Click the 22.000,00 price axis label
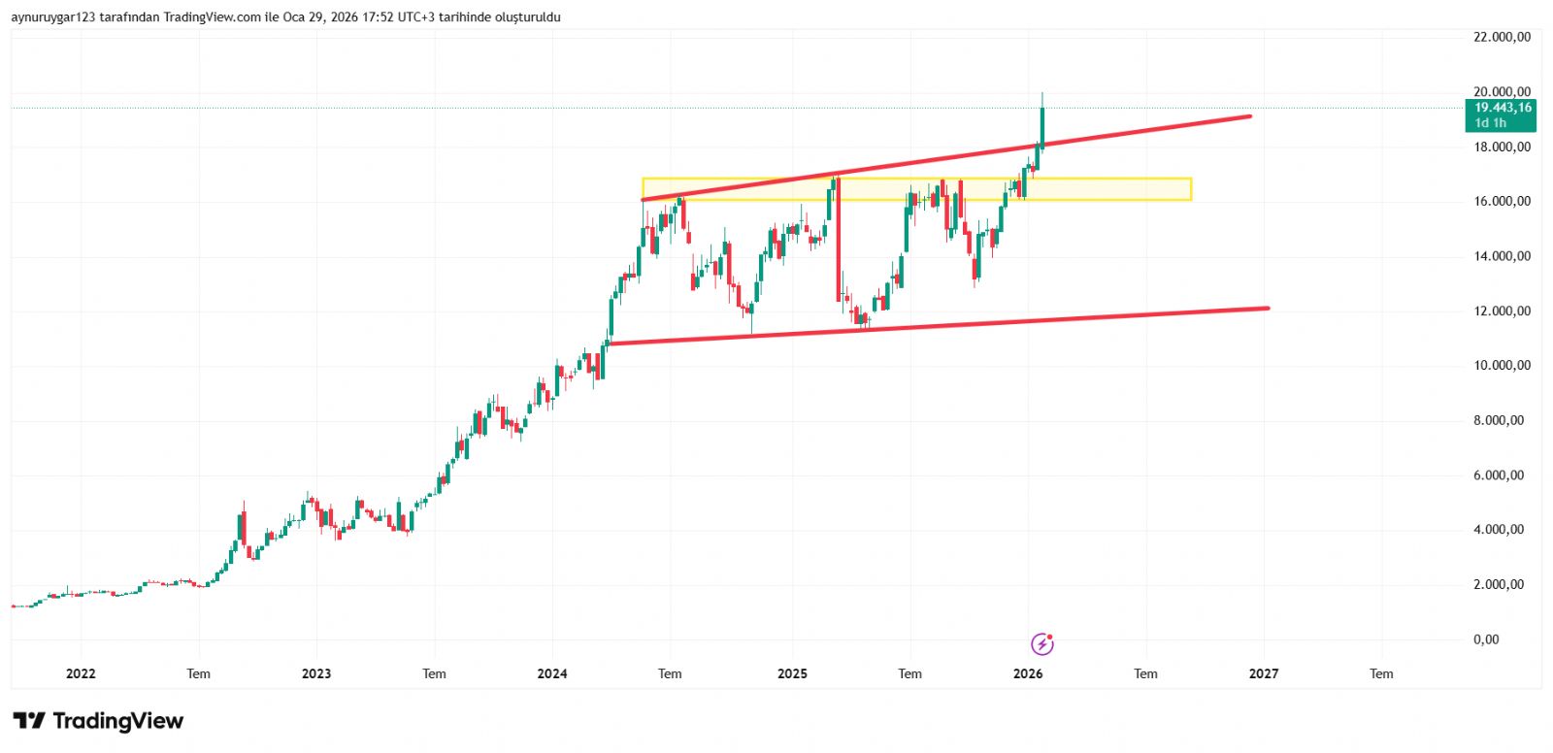point(1502,37)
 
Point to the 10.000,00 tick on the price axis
point(1502,366)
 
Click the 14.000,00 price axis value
point(1502,256)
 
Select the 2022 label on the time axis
point(81,673)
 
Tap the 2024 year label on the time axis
point(552,673)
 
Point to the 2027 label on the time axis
point(1264,673)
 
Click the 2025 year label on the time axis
point(792,673)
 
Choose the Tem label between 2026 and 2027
point(1145,673)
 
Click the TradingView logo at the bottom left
point(98,721)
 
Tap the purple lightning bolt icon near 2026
point(1041,643)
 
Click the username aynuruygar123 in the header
point(52,17)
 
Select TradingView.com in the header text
point(212,17)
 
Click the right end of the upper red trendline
point(1250,116)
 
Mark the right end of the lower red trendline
point(1268,309)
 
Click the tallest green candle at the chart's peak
point(1042,126)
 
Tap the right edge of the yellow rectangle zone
point(1191,189)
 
